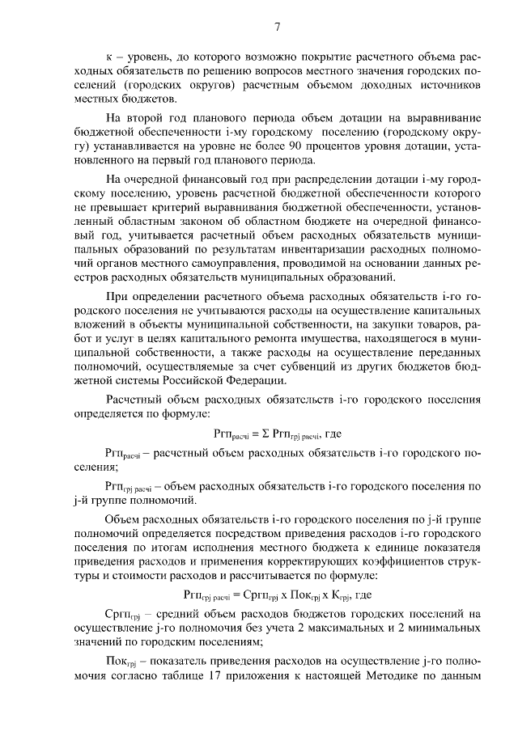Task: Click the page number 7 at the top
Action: click(277, 28)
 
